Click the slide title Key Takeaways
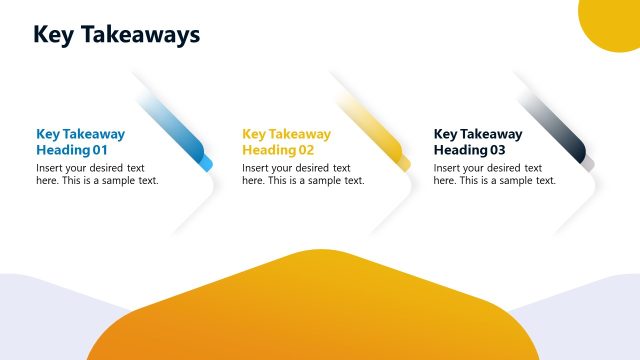click(116, 35)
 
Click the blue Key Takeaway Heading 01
click(80, 142)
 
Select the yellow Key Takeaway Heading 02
click(286, 142)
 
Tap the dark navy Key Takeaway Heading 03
click(478, 142)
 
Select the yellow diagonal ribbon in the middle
click(377, 129)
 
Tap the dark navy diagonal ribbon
click(560, 129)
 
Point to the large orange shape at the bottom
click(310, 310)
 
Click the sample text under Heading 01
click(97, 174)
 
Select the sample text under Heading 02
click(303, 174)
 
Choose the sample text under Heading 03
click(495, 174)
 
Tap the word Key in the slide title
click(51, 35)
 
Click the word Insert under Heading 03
click(447, 168)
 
